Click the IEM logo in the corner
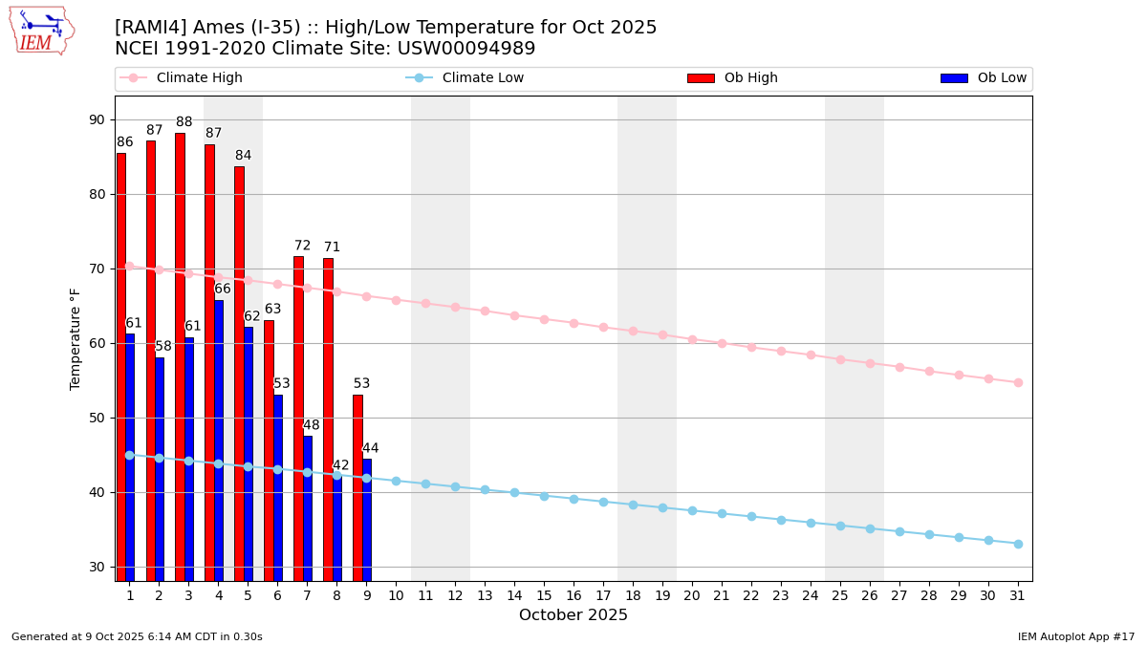click(41, 31)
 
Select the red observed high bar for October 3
click(180, 354)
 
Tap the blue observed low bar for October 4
click(219, 440)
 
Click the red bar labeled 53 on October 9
click(357, 487)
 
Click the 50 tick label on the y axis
click(97, 418)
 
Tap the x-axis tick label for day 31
click(1018, 595)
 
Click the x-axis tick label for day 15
click(544, 595)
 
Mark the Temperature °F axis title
click(76, 338)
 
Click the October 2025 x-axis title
click(573, 615)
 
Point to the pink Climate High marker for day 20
click(692, 339)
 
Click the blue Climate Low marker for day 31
click(1018, 544)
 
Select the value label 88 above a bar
click(184, 122)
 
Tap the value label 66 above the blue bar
click(223, 290)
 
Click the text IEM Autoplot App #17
click(1076, 636)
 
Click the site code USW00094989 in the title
click(466, 49)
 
